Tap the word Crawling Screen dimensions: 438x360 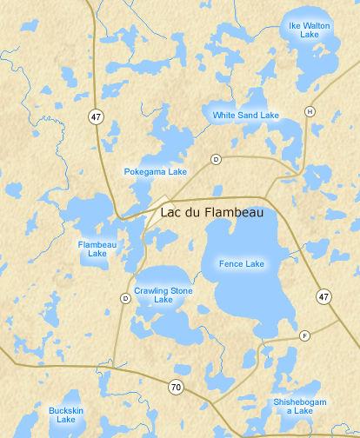point(150,289)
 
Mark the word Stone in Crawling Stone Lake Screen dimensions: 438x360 point(183,289)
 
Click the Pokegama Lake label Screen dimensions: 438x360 point(155,172)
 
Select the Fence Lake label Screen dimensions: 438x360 point(242,262)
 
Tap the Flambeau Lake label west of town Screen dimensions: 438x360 point(91,249)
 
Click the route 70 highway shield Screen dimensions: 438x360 point(176,387)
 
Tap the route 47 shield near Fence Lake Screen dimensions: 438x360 point(323,297)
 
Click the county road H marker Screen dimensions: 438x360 point(309,111)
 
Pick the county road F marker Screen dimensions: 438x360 point(304,335)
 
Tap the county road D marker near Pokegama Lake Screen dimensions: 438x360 point(216,159)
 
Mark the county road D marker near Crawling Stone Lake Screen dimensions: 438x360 point(125,298)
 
